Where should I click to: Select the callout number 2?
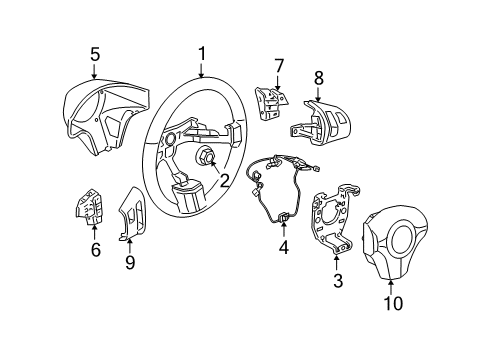click(225, 181)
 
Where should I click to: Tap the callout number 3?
click(338, 281)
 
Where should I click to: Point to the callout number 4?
click(284, 245)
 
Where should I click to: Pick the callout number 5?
click(94, 55)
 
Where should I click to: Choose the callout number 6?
click(96, 250)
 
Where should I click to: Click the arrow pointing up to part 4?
click(284, 225)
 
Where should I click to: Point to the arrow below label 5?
click(94, 73)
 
